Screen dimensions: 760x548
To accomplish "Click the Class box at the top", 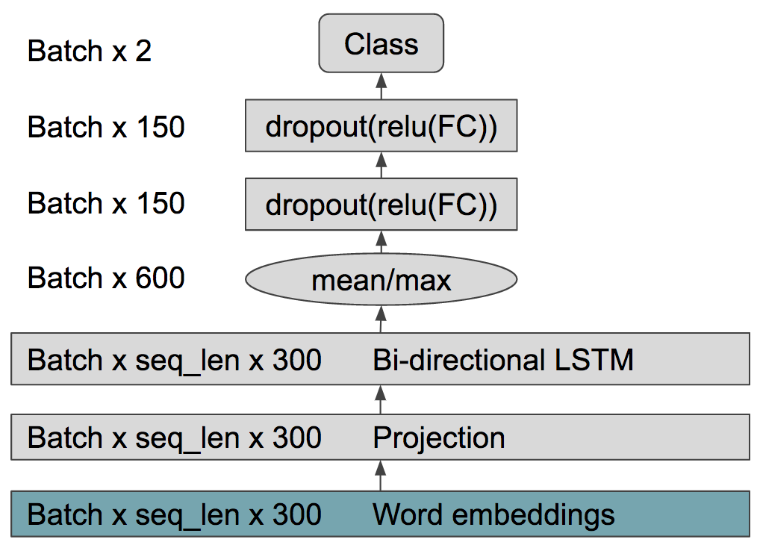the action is (381, 43).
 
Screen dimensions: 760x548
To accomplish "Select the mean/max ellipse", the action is (381, 279).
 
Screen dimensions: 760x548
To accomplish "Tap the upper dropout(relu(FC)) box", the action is (381, 125).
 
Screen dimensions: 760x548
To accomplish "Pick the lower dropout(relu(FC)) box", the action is (381, 204).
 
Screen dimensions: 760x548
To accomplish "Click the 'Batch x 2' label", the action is (89, 50).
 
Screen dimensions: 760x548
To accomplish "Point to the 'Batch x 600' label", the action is (106, 278).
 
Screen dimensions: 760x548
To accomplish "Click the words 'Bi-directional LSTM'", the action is (503, 360).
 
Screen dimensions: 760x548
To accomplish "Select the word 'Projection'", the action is (439, 438).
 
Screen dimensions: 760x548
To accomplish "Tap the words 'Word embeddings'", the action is (493, 514).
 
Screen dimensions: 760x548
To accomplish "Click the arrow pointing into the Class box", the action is (381, 87).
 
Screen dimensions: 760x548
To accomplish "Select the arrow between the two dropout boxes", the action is (381, 165).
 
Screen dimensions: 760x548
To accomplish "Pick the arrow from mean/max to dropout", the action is (381, 242).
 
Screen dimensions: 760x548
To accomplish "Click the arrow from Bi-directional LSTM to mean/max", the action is (381, 320).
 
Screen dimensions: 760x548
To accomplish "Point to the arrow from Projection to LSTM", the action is (381, 399).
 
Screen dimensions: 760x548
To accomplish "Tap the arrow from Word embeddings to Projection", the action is (381, 476).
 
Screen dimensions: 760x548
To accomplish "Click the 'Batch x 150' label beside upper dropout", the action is (106, 127).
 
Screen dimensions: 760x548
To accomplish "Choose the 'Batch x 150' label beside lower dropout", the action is (106, 202).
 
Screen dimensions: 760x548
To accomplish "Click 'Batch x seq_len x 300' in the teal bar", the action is (175, 515).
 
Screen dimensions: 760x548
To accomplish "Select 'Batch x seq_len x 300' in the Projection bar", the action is (175, 438).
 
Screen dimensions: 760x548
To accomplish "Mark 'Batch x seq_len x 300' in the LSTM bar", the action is (175, 361).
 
